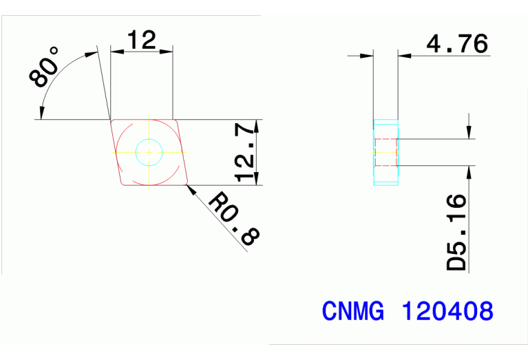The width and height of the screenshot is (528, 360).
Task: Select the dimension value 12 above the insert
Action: (x=141, y=41)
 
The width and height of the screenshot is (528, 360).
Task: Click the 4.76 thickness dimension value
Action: (x=457, y=44)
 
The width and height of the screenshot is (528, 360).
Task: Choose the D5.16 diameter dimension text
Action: (x=456, y=232)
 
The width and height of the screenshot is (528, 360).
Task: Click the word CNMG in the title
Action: (x=353, y=311)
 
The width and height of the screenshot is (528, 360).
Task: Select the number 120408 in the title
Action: (x=447, y=311)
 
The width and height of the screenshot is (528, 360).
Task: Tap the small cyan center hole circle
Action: (x=148, y=151)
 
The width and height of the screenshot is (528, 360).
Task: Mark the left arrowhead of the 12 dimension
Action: (x=115, y=50)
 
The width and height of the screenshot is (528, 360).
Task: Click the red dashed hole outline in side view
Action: (x=386, y=152)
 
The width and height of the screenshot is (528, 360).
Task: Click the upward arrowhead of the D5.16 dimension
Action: (x=469, y=171)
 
